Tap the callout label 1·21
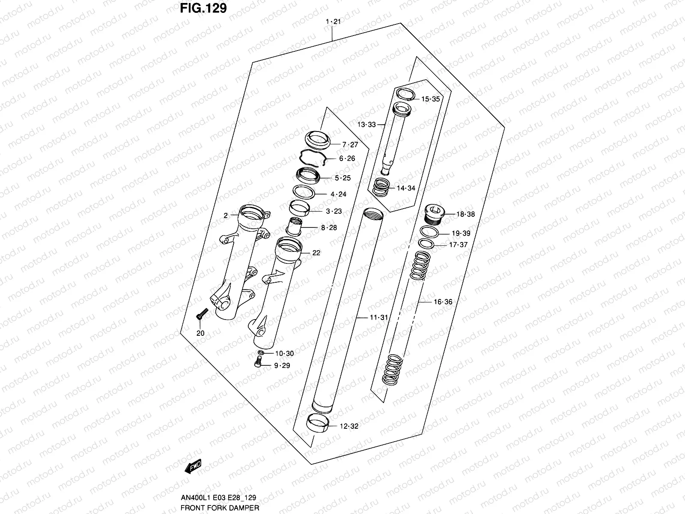pyautogui.click(x=333, y=22)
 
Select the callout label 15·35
pyautogui.click(x=430, y=99)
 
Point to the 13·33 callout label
pyautogui.click(x=366, y=125)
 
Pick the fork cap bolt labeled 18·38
pyautogui.click(x=434, y=213)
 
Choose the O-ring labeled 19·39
pyautogui.click(x=429, y=233)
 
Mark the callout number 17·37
pyautogui.click(x=458, y=245)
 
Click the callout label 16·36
pyautogui.click(x=443, y=302)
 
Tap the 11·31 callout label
pyautogui.click(x=378, y=317)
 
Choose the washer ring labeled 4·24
pyautogui.click(x=304, y=191)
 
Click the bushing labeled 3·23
pyautogui.click(x=299, y=208)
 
